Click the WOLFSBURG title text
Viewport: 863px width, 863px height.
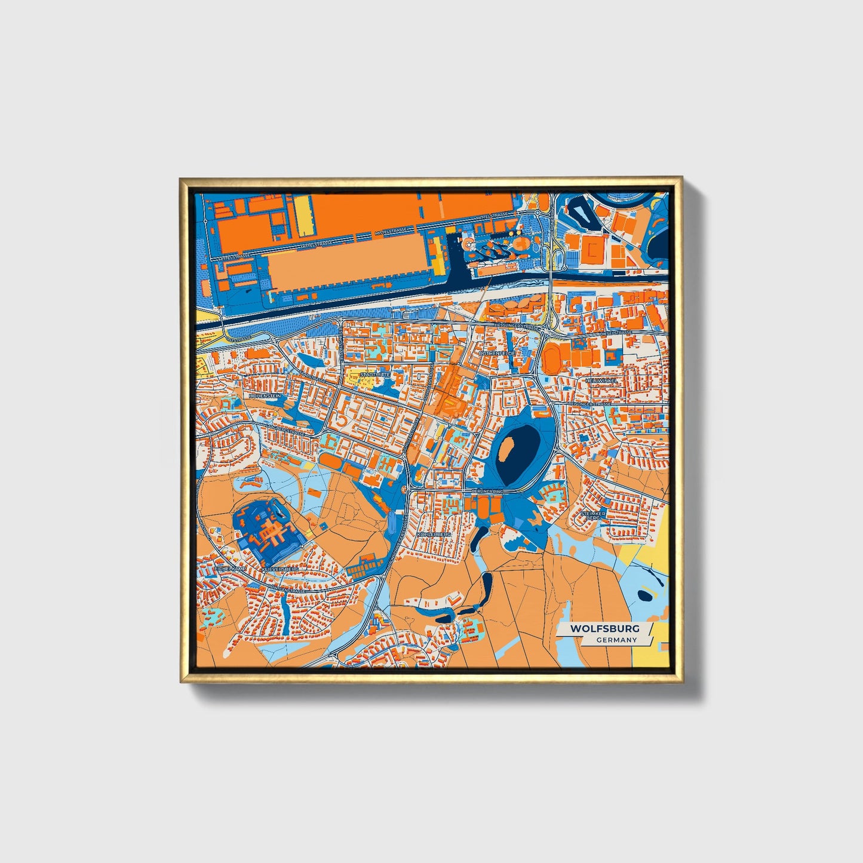tap(604, 628)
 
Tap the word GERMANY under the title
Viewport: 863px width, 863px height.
tap(616, 640)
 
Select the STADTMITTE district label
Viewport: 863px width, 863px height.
tap(375, 374)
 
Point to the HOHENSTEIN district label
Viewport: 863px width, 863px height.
tap(264, 395)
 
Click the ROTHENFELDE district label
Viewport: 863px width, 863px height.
tap(496, 353)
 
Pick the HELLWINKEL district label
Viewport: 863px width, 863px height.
tap(600, 380)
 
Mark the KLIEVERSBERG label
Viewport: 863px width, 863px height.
tap(280, 570)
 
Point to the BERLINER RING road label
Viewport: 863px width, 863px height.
tap(488, 491)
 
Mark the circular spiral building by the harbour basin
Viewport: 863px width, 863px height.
tap(471, 244)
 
